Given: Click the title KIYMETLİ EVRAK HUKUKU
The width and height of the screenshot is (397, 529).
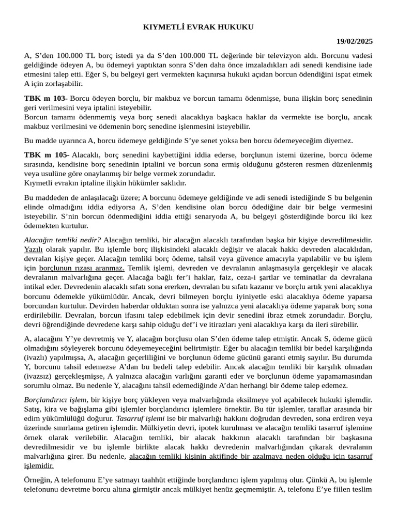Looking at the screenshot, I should coord(198,27).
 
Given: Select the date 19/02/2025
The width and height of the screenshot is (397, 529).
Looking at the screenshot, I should coord(354,41).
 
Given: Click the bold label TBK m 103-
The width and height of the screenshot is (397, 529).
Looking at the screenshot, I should coord(45,98).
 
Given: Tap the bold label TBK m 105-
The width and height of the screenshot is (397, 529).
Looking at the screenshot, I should coord(46,154).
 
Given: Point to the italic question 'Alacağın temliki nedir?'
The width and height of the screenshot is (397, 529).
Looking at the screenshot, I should coord(63,240).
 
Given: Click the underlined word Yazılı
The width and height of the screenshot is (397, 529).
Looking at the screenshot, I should coord(34,249).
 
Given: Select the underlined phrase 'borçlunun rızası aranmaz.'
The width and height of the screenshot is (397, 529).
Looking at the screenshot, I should coord(82,268).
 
